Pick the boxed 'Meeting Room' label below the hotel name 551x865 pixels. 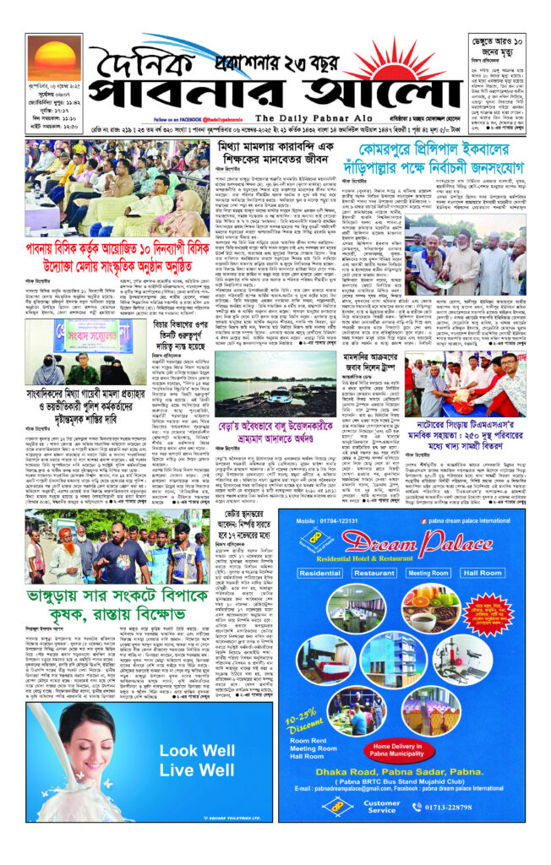(x=428, y=572)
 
